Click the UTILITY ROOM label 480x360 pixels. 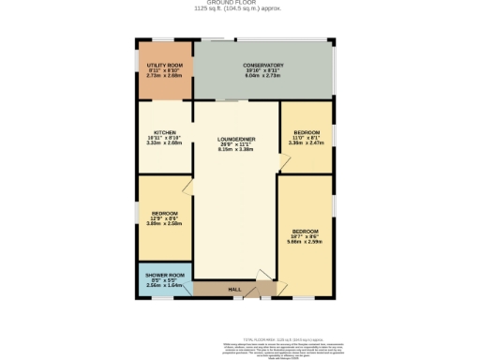tap(164, 64)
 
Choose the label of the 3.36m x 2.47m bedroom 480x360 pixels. tap(307, 132)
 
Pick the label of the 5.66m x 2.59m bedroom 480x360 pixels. tap(306, 231)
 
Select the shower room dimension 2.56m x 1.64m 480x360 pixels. tap(163, 286)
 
